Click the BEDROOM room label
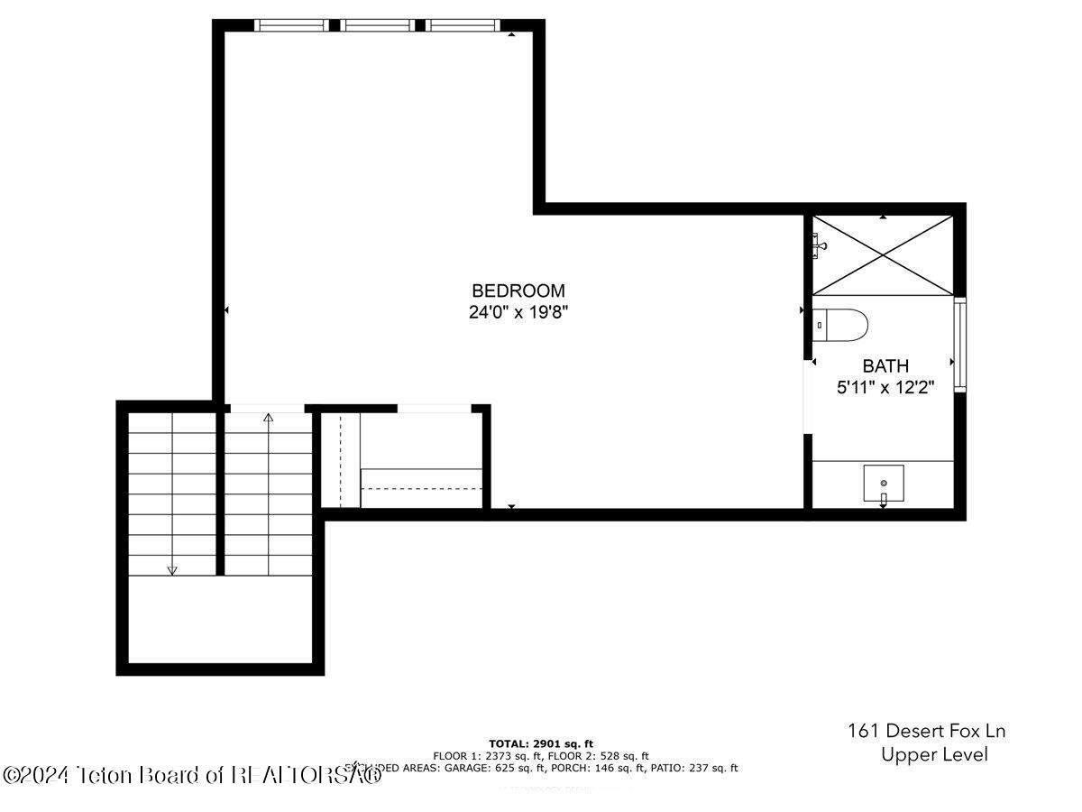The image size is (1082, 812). pos(518,291)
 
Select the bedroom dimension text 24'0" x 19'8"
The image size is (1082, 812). pos(518,313)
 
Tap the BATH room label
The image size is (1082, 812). pos(885,366)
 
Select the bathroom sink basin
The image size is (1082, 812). pos(884,484)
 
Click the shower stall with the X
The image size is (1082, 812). pos(884,254)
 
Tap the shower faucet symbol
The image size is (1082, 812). pos(820,244)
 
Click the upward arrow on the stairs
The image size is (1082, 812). pos(268,417)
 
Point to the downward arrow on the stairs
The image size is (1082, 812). pos(172,568)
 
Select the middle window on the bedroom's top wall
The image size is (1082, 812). pos(379,25)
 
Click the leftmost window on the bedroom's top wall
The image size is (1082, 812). pos(292,25)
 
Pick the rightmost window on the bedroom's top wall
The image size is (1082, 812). pos(463,25)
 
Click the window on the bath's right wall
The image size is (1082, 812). pos(960,345)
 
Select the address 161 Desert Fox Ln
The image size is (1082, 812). pos(926,730)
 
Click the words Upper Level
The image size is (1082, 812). pos(934,755)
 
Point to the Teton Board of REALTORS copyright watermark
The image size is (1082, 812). pos(191,774)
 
